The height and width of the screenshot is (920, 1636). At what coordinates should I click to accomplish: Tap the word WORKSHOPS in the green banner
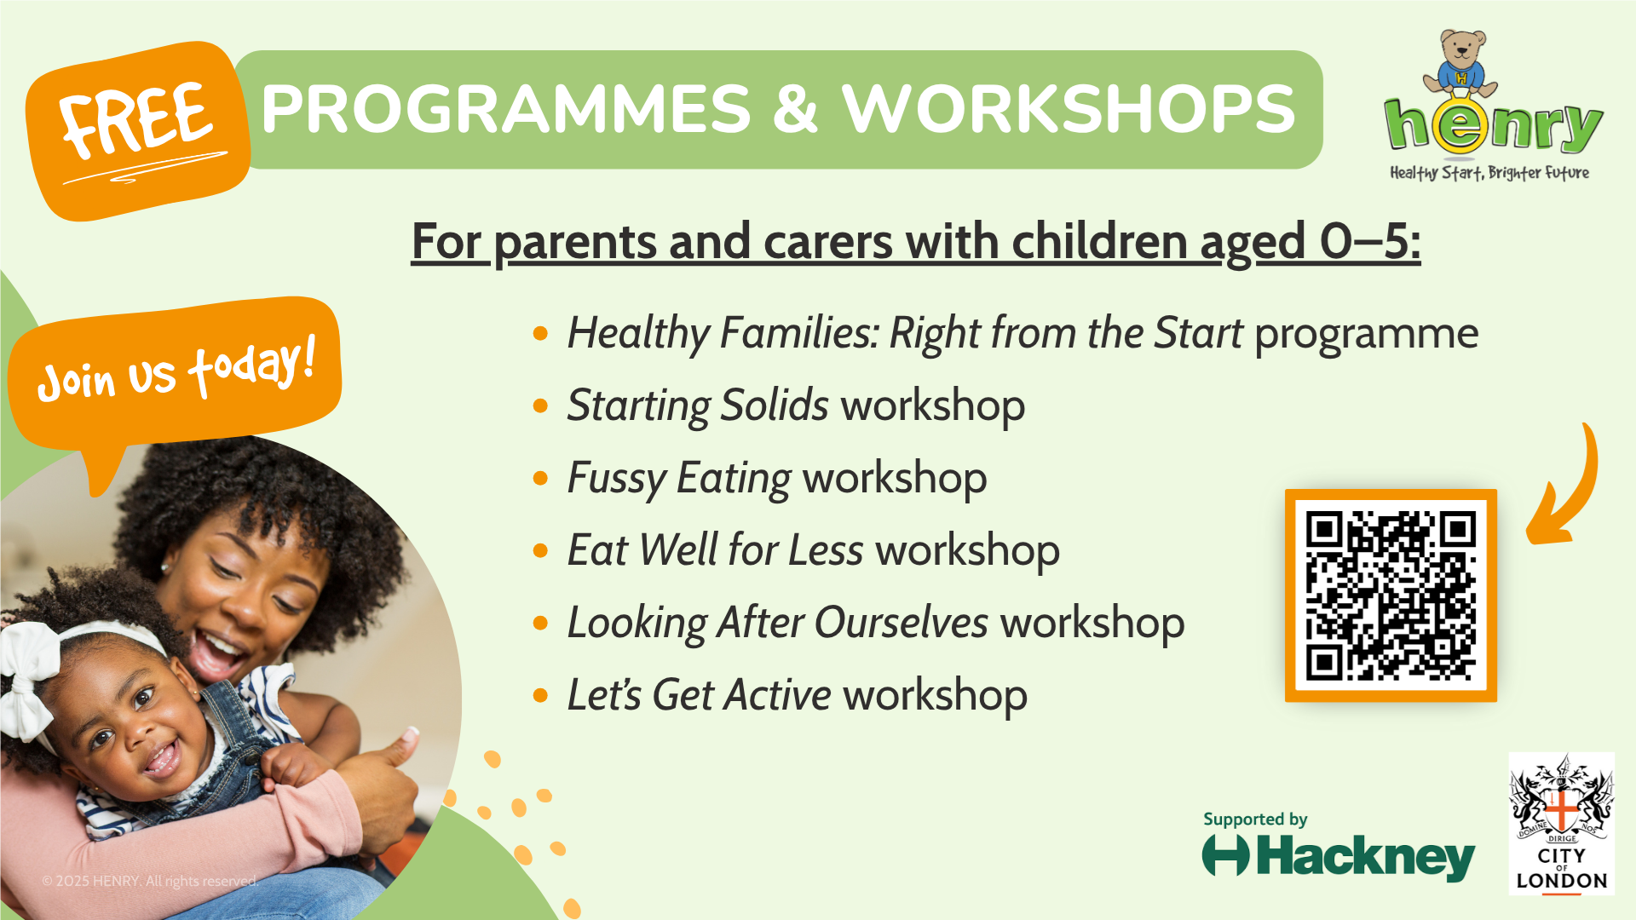click(1069, 109)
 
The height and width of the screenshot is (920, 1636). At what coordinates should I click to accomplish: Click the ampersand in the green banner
click(796, 109)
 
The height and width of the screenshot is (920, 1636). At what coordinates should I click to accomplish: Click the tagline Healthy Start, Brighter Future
click(1489, 173)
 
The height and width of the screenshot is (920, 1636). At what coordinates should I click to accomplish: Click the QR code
click(1391, 595)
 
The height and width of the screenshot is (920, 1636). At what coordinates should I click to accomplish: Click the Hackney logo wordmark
click(1339, 856)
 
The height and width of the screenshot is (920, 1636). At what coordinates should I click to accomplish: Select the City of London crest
click(1561, 823)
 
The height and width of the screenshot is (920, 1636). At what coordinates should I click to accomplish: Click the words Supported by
click(1255, 819)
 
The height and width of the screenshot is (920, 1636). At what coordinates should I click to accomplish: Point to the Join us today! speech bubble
click(175, 375)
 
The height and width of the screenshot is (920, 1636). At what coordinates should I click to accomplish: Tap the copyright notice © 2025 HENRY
click(150, 881)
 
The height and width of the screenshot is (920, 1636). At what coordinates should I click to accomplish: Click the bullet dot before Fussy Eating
click(540, 478)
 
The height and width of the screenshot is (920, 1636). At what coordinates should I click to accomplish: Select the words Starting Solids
click(698, 405)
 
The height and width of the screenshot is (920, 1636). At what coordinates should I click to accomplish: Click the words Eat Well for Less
click(716, 550)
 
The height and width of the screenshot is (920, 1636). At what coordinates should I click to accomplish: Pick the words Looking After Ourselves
click(778, 623)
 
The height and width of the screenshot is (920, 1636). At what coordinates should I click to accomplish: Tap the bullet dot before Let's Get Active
click(540, 695)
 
